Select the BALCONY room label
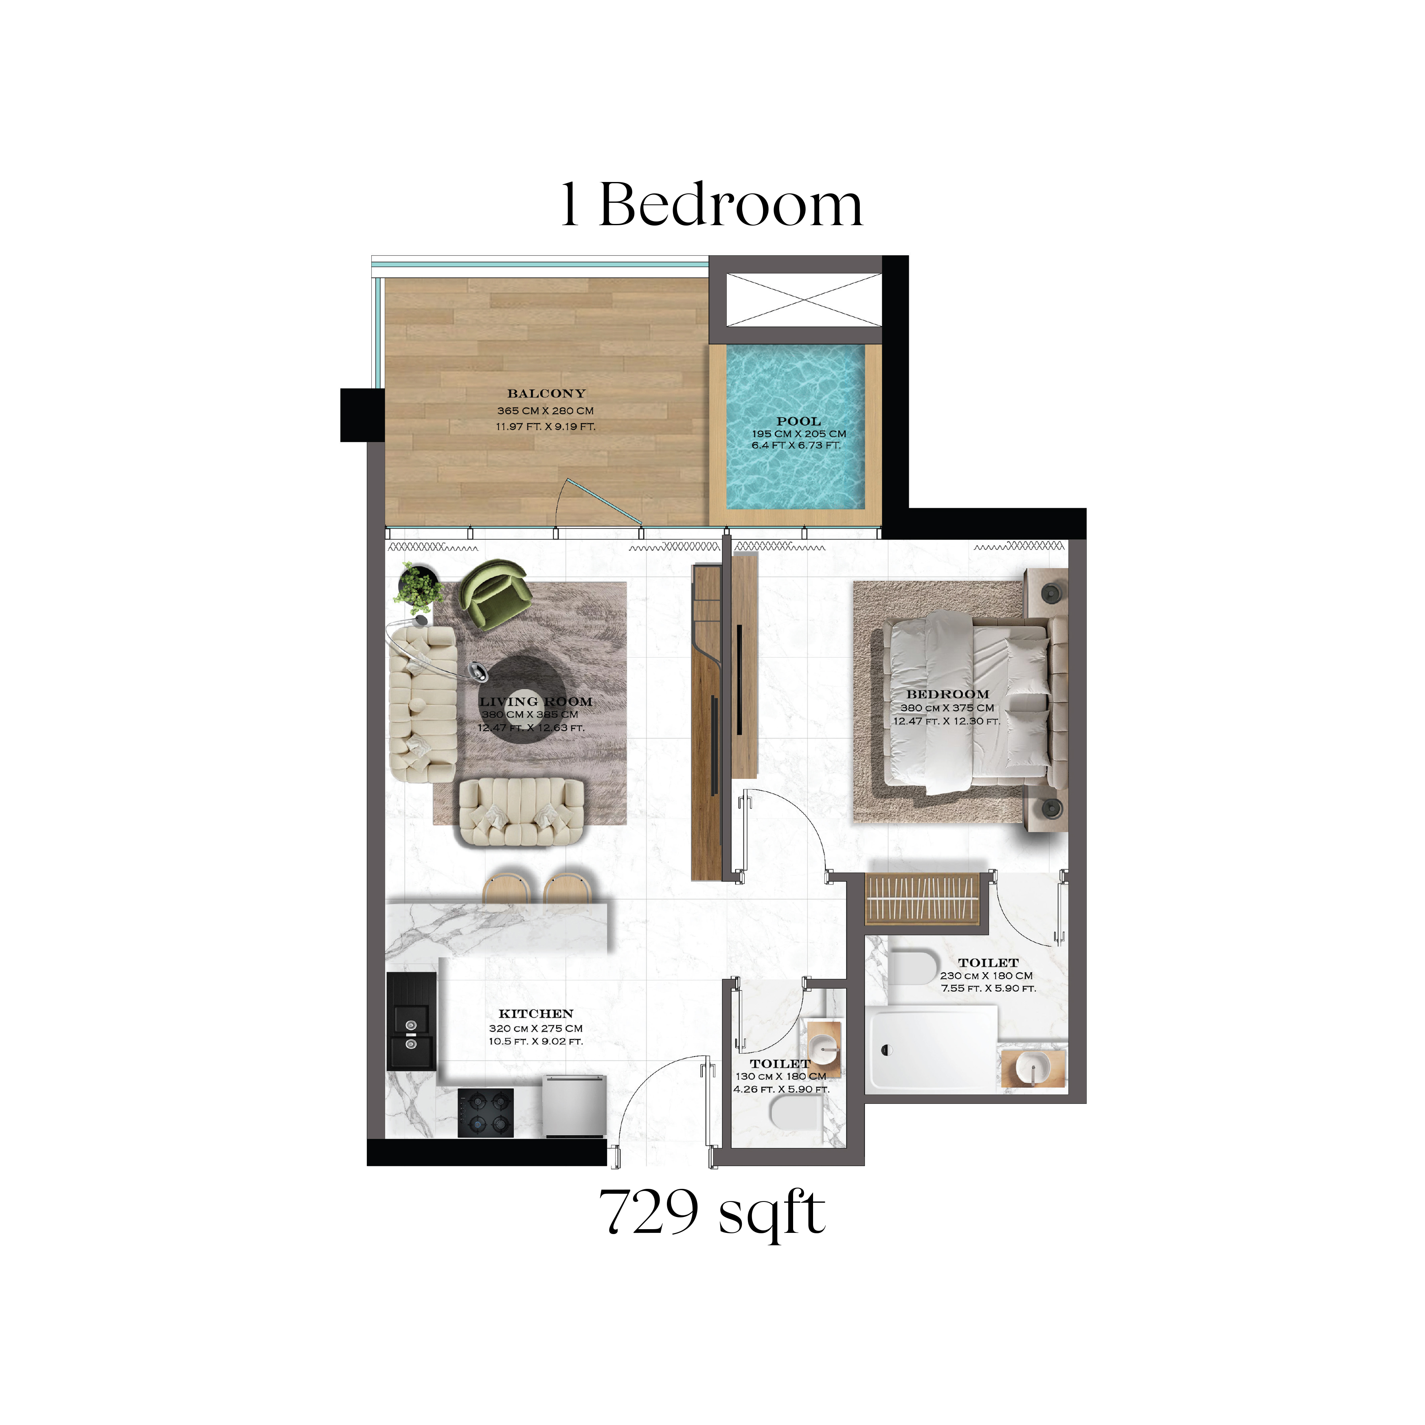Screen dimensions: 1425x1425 tap(546, 394)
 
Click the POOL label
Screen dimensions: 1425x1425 tap(799, 421)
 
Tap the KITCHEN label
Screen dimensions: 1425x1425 tap(536, 1013)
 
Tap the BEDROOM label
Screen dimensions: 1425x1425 tap(948, 694)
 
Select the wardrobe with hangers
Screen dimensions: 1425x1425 tap(922, 899)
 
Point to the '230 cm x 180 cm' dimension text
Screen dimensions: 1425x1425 tap(986, 975)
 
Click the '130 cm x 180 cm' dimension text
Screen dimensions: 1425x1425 tap(781, 1076)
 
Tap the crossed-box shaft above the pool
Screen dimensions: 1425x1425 tap(804, 300)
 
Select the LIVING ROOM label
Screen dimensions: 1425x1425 tap(536, 702)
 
